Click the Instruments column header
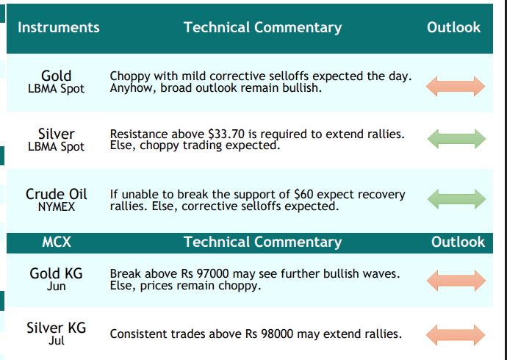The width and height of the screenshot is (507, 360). [59, 27]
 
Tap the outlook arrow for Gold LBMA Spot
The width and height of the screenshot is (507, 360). [456, 86]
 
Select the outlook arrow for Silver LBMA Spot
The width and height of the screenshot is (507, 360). [456, 139]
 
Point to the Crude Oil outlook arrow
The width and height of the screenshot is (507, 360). [456, 199]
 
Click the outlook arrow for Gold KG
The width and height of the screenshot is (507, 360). [456, 281]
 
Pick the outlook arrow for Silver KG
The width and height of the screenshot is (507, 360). [456, 335]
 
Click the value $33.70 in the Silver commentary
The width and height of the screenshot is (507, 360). [226, 134]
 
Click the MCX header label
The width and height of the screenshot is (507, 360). [57, 242]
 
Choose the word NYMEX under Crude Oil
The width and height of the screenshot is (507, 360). [57, 207]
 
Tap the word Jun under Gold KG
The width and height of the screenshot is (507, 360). [57, 287]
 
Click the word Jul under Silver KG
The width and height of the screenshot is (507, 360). [57, 341]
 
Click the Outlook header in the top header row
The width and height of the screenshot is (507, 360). [453, 27]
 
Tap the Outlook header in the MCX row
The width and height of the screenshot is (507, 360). [458, 242]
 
